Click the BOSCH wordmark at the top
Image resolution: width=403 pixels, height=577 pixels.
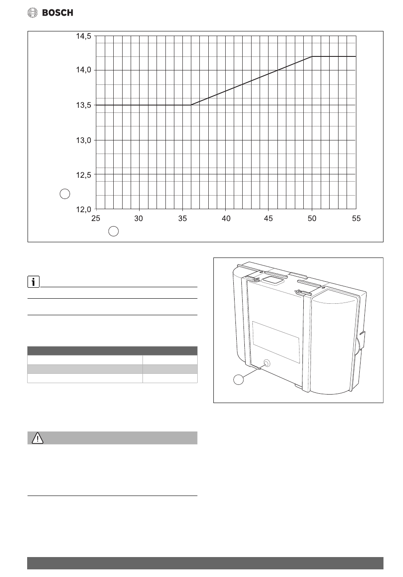(x=57, y=13)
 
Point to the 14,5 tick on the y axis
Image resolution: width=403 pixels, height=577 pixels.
(x=83, y=36)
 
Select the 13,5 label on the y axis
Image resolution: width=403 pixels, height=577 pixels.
(x=83, y=105)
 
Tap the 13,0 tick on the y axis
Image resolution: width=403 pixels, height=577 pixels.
(x=83, y=140)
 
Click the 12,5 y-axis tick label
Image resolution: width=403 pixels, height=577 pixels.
(x=83, y=174)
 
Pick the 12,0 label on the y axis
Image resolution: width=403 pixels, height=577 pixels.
(x=83, y=209)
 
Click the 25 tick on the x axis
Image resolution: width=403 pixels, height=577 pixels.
(x=96, y=218)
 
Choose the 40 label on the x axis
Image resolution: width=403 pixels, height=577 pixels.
(x=226, y=218)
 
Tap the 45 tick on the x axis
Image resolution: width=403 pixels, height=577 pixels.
(x=269, y=218)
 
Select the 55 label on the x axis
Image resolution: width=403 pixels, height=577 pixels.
(x=356, y=218)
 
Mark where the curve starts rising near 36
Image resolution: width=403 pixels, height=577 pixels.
(x=191, y=105)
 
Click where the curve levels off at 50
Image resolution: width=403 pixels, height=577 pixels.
(x=312, y=56)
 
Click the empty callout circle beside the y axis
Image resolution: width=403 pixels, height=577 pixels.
(x=64, y=194)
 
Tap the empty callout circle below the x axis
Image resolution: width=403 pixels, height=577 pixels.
(x=113, y=231)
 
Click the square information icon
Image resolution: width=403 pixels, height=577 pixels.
(x=33, y=281)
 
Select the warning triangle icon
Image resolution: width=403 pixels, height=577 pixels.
(x=37, y=438)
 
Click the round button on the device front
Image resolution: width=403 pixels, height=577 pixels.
(x=267, y=363)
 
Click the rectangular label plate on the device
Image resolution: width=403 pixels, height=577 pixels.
(x=276, y=342)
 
